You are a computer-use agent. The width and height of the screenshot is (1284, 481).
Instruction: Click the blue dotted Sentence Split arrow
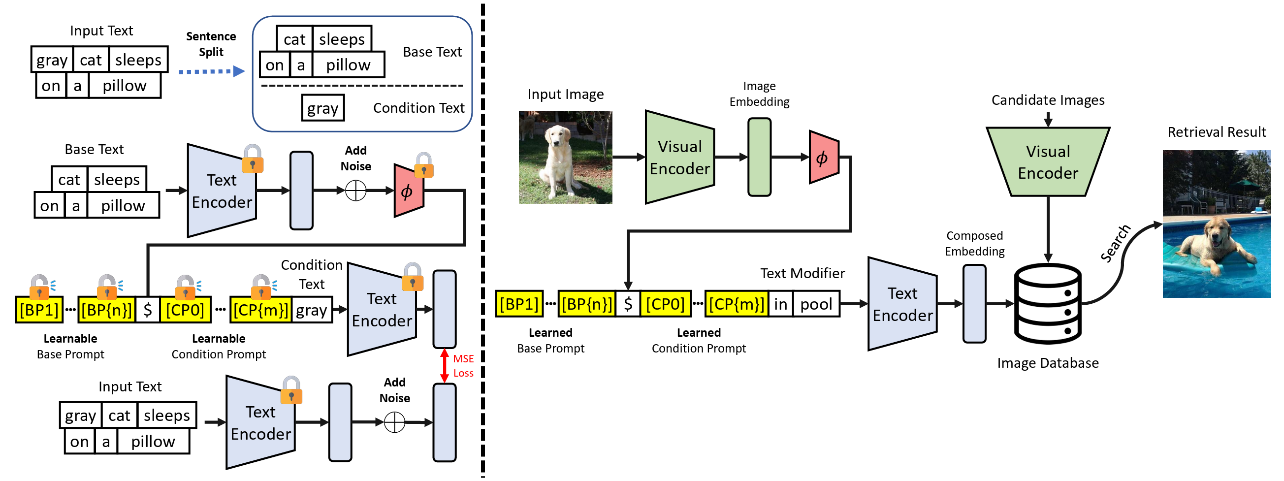(x=211, y=71)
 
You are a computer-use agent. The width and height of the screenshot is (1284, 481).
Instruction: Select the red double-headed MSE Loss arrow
(x=445, y=366)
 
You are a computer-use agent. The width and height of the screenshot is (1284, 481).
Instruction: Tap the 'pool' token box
(x=816, y=304)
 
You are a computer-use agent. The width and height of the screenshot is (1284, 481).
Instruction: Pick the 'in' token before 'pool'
(x=780, y=304)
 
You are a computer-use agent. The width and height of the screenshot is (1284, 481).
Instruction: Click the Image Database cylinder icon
(x=1048, y=304)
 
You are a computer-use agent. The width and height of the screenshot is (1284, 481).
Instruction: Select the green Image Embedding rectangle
(x=759, y=157)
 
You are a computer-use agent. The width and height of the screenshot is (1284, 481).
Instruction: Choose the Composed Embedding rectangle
(x=974, y=304)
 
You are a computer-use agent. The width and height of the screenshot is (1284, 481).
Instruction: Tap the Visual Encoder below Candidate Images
(x=1048, y=162)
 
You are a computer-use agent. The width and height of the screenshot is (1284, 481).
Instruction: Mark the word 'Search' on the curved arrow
(x=1116, y=244)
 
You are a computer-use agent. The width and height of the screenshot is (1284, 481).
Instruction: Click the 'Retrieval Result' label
(x=1216, y=132)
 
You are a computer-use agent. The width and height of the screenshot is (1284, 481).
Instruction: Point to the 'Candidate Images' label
(x=1048, y=100)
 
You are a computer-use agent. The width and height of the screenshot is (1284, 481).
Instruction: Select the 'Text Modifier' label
(x=802, y=273)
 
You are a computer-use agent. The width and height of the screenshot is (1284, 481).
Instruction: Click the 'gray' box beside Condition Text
(x=322, y=108)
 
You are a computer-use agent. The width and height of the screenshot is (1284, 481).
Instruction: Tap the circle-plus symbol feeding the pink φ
(x=356, y=191)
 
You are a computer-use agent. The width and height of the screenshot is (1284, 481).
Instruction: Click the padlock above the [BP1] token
(x=39, y=285)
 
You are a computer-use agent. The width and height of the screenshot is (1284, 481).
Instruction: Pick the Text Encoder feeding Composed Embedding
(x=902, y=304)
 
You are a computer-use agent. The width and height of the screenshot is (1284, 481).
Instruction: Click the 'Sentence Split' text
(x=211, y=44)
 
